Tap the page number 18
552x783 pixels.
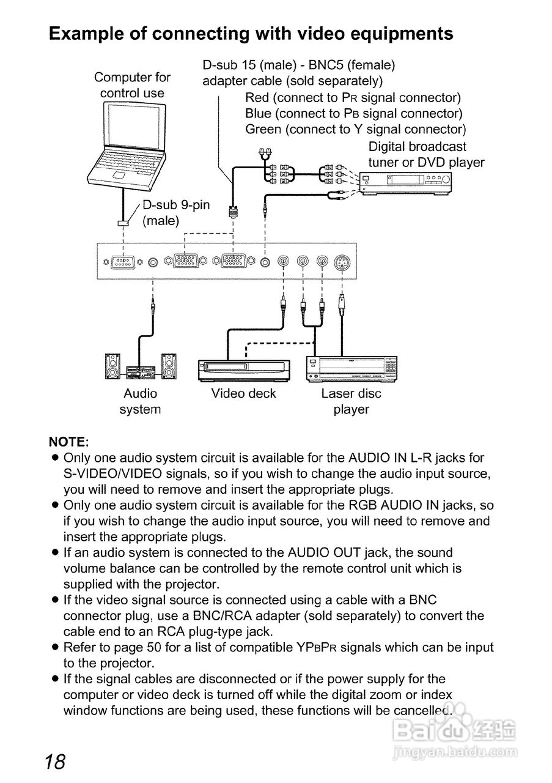[x=55, y=762]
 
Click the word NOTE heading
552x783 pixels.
[x=69, y=442]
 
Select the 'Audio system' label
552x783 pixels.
[x=140, y=401]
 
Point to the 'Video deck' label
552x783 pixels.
[x=243, y=393]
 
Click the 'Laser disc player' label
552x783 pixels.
[x=351, y=401]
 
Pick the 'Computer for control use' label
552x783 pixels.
[x=132, y=85]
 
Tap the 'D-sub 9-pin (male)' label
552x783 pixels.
[x=175, y=212]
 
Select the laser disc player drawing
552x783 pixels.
[x=351, y=368]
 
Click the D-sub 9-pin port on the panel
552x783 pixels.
[x=123, y=261]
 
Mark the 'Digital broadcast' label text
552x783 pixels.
[x=417, y=147]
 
